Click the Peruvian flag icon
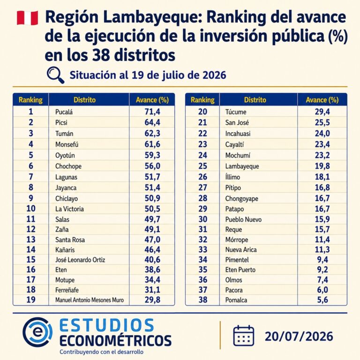tap(27, 18)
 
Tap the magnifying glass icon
tap(55, 75)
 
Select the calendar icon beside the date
tap(244, 336)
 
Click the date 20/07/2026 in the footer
tap(299, 337)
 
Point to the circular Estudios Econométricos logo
tap(37, 332)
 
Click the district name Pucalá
tap(64, 112)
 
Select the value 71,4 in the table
tap(152, 112)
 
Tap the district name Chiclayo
tap(67, 199)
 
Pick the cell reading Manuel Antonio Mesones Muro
tap(90, 300)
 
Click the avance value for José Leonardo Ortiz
tap(152, 259)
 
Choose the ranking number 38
tap(202, 300)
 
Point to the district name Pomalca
tap(236, 300)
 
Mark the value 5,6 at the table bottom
tap(322, 300)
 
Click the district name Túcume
tap(236, 112)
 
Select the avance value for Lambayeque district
tap(322, 166)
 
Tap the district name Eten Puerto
tap(240, 270)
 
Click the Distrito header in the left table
tap(84, 100)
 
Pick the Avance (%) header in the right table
tap(322, 100)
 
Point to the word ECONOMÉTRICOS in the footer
tap(115, 340)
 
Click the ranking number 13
tap(31, 240)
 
